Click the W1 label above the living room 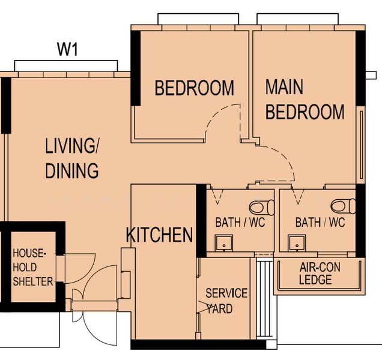pos(67,49)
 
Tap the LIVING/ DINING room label pos(72,158)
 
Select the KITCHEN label pos(159,235)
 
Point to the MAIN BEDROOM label pos(305,99)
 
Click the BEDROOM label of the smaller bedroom pos(195,88)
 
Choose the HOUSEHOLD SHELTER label pos(32,268)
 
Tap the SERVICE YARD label pos(226,301)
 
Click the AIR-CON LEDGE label pos(320,274)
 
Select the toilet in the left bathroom pos(261,208)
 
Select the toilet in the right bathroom pos(343,206)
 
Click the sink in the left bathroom pos(224,243)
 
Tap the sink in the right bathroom pos(297,242)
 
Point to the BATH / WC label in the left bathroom pos(240,223)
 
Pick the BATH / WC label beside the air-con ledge pos(320,223)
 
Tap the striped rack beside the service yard pos(264,298)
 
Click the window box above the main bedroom pos(297,19)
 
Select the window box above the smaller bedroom pos(198,19)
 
